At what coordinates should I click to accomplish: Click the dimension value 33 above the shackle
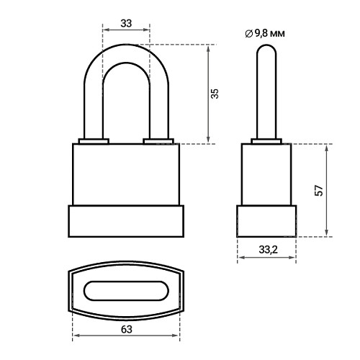[x=126, y=23]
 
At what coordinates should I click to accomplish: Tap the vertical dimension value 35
[x=215, y=94]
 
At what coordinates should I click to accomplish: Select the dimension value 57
[x=319, y=191]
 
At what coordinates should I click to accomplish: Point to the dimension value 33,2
[x=268, y=250]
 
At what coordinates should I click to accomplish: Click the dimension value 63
[x=127, y=330]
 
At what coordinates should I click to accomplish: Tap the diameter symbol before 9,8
[x=249, y=34]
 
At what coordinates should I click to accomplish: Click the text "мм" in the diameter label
[x=278, y=34]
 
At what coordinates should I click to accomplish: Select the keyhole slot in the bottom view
[x=126, y=291]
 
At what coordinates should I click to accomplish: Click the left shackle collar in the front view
[x=94, y=141]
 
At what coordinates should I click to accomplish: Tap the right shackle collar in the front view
[x=158, y=141]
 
